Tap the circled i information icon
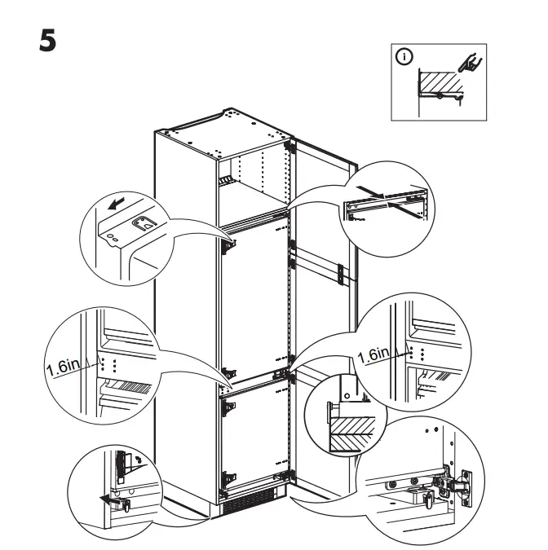pos(405,57)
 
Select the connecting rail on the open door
pos(318,266)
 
